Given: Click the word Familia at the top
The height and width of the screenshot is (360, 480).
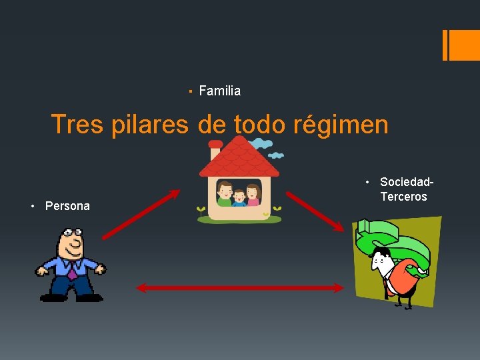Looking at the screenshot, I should tap(220, 91).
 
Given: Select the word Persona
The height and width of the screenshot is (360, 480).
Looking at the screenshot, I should tap(67, 206).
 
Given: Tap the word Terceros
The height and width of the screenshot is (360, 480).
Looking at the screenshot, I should tap(403, 197).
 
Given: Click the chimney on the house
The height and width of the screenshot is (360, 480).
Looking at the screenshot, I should tap(215, 149).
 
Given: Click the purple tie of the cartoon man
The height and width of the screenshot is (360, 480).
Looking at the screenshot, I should tap(72, 270).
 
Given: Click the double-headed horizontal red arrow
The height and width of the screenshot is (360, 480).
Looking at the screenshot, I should tap(240, 288).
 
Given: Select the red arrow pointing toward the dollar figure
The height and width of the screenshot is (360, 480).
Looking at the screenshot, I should tap(315, 211).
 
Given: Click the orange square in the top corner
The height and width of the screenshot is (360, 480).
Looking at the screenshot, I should tap(461, 45).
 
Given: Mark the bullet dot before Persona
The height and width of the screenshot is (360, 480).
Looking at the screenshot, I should tap(33, 206).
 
